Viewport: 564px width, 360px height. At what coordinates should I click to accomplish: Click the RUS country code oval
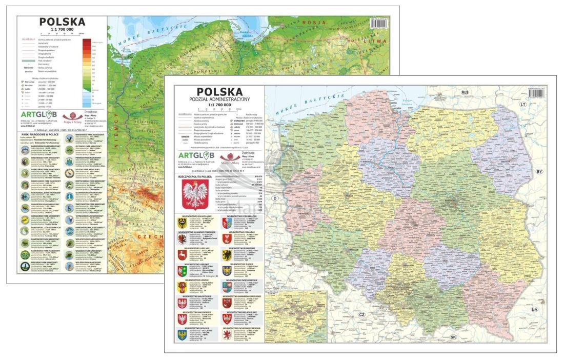click(465, 92)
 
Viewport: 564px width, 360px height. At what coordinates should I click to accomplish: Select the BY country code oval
click(538, 171)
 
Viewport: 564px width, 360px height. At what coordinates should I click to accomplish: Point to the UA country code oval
click(534, 310)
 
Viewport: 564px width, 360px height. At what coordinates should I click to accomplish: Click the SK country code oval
click(453, 337)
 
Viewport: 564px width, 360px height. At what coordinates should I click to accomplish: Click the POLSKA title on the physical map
click(62, 22)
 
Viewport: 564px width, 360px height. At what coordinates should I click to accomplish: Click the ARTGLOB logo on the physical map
click(39, 114)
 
